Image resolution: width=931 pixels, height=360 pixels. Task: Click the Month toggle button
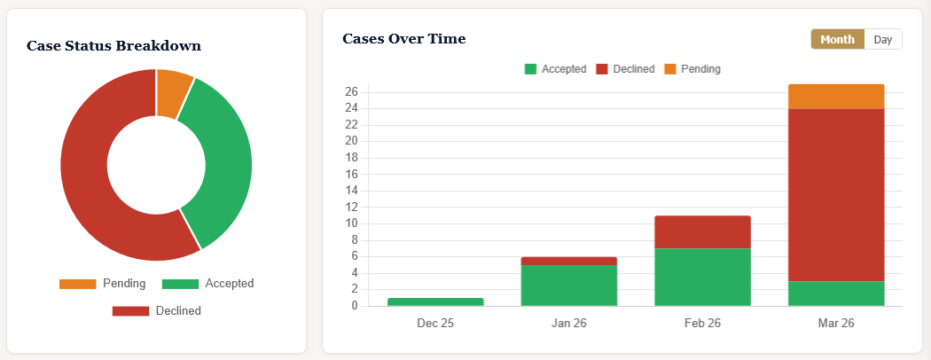click(x=837, y=39)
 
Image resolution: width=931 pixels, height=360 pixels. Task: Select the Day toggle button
click(x=882, y=39)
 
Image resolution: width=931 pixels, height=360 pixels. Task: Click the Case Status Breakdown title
click(x=113, y=45)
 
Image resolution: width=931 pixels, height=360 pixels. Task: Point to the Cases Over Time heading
click(x=403, y=39)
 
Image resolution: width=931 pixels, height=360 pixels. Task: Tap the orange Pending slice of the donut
click(x=172, y=92)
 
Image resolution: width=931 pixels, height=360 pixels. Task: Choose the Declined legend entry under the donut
click(x=156, y=311)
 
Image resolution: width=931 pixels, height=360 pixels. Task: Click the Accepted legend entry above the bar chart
click(x=555, y=68)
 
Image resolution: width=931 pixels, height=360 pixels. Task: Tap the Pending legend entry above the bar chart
click(x=692, y=68)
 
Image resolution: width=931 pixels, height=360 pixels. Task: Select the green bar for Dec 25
click(x=435, y=301)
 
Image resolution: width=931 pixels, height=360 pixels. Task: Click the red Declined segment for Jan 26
click(x=568, y=261)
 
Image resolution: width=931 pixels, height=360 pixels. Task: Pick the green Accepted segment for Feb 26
click(x=702, y=277)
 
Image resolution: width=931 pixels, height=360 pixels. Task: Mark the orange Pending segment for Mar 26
click(x=836, y=97)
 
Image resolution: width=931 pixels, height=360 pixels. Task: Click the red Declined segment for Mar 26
click(x=836, y=195)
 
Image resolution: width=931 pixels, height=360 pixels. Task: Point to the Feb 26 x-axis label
click(x=702, y=323)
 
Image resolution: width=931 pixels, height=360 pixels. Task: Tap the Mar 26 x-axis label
click(x=836, y=323)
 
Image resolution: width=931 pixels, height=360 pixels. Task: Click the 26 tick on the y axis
click(x=351, y=91)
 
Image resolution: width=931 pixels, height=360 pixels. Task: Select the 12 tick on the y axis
click(x=351, y=207)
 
